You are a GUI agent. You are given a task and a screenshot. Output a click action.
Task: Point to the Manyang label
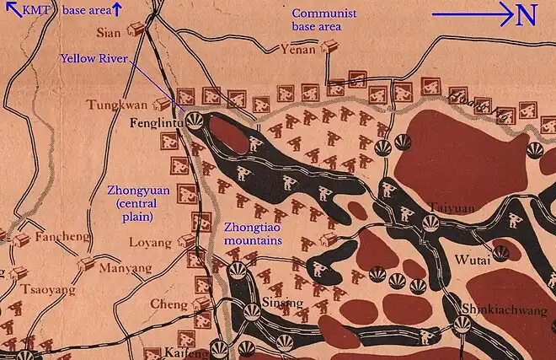[126, 269]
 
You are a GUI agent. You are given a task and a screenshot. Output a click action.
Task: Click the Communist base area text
[324, 20]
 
